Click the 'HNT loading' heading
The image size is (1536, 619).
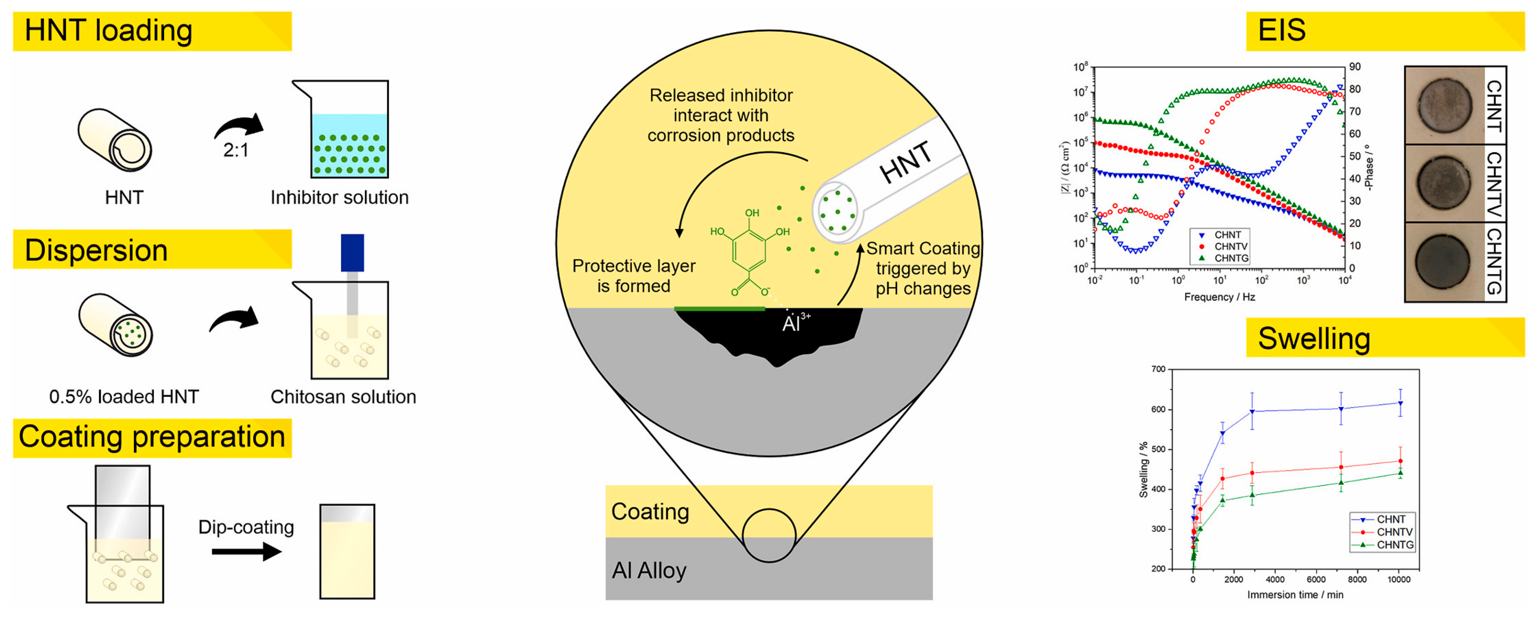[x=109, y=31]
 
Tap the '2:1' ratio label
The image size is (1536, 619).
[x=236, y=150]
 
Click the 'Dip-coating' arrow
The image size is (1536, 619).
[x=246, y=552]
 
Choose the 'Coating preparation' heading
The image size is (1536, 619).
[x=152, y=437]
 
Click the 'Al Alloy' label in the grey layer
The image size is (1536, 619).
[x=649, y=571]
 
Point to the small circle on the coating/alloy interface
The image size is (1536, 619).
[x=769, y=535]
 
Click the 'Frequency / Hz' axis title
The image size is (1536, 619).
[x=1219, y=297]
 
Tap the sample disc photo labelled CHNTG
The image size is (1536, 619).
[x=1443, y=262]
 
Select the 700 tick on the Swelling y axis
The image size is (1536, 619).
[x=1158, y=369]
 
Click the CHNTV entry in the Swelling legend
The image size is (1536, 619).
[x=1394, y=532]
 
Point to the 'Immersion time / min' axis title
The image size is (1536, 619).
[x=1295, y=595]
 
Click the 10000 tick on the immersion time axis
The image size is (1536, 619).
[x=1399, y=579]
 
